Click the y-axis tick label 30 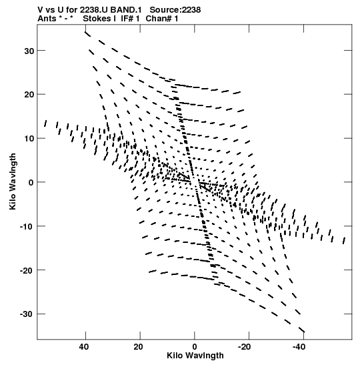pos(29,51)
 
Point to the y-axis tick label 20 pos(29,95)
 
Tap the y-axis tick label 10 pos(29,139)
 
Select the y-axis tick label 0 pos(31,183)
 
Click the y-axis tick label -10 pos(27,227)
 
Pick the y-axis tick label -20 pos(27,271)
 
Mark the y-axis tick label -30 pos(27,315)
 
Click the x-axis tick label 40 pos(84,347)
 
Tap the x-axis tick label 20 pos(138,347)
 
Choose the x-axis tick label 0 pos(195,347)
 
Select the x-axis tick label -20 pos(245,347)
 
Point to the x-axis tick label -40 pos(299,347)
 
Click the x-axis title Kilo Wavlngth pos(195,356)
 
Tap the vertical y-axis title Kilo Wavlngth pos(13,181)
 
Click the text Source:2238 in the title pos(175,10)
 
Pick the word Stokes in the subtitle pos(97,19)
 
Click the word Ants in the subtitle pos(47,19)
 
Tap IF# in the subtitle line pos(127,19)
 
